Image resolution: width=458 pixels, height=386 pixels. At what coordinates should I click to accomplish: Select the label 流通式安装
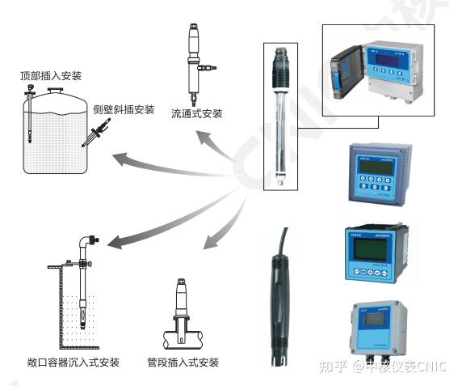click(196, 112)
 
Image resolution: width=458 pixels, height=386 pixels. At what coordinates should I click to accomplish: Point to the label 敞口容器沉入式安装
click(72, 362)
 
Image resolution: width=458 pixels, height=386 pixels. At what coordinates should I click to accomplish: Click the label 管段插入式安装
click(183, 362)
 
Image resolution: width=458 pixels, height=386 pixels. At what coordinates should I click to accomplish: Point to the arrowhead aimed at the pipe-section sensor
click(208, 243)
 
